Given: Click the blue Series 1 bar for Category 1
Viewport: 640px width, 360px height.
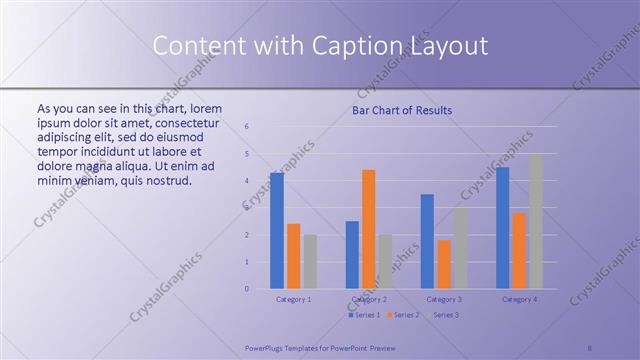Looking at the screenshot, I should (276, 231).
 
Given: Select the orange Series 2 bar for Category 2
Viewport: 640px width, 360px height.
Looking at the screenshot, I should (369, 229).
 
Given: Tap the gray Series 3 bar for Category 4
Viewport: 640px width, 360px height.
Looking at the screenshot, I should (536, 221).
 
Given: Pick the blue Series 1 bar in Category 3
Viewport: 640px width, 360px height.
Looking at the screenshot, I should (427, 241).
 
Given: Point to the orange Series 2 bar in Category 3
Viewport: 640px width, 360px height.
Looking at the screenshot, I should (444, 264).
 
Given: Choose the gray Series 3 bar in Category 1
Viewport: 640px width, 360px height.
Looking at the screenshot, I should (310, 262).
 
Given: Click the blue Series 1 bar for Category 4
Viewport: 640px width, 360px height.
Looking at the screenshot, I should (502, 228).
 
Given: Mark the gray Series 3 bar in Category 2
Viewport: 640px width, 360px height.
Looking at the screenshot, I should (386, 262).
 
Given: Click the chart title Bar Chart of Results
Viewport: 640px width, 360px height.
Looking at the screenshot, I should (401, 110).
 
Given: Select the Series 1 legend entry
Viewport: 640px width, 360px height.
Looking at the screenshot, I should (364, 315).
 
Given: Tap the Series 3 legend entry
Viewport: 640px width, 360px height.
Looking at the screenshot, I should (444, 315).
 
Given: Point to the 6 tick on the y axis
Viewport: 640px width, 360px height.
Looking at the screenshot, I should (247, 127).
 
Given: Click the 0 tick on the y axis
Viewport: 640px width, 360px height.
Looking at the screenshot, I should (247, 289).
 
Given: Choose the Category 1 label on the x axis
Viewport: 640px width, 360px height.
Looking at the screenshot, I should (293, 299).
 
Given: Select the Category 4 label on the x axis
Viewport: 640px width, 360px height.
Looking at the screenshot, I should (519, 299).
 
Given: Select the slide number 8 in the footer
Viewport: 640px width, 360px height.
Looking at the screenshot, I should (590, 348).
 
